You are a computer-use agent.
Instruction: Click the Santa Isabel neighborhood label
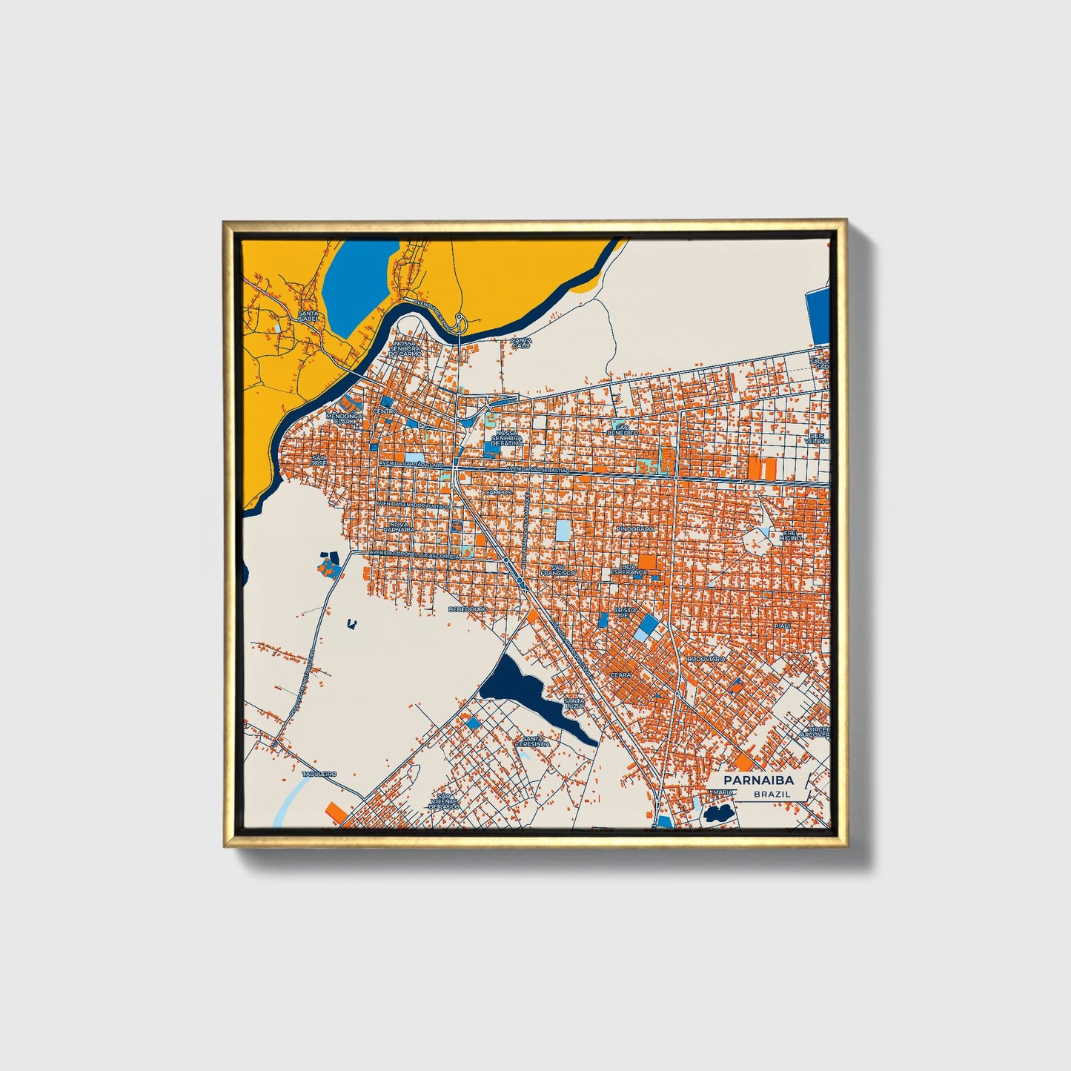point(308,316)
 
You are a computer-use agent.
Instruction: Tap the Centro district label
point(385,411)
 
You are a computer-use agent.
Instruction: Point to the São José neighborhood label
point(319,461)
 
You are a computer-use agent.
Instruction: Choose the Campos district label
point(498,492)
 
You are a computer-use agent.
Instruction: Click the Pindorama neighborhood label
point(635,529)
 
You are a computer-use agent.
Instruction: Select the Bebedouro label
point(468,609)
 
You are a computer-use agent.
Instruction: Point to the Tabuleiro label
point(318,774)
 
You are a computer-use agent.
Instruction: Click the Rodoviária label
point(706,658)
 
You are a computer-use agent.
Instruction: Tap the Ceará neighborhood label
point(621,675)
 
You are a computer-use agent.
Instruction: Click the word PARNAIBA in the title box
point(758,780)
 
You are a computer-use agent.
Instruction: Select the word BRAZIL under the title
point(772,795)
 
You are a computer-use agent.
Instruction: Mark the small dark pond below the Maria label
point(719,815)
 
